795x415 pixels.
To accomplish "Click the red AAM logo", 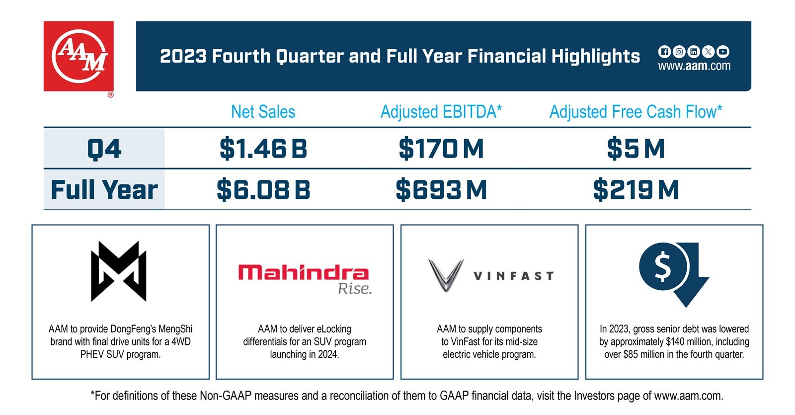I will coord(79,56).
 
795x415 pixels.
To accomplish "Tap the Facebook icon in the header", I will coord(664,51).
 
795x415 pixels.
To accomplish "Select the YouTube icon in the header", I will coord(723,51).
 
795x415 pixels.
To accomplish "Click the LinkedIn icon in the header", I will coord(694,51).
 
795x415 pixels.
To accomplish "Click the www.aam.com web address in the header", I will coord(694,66).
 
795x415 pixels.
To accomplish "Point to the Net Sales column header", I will coord(263,112).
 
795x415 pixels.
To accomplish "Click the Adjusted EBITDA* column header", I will coord(441,112).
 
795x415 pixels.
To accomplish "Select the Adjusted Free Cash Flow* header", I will coord(636,112).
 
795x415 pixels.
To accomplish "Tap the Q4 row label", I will coord(104,149).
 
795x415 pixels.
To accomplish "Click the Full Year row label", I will coord(104,190).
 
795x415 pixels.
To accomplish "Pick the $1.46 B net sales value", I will coord(263,149).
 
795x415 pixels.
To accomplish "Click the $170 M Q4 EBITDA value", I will coord(441,149).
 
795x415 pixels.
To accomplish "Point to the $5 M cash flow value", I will coord(636,149).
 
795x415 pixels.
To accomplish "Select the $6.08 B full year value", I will coord(263,190).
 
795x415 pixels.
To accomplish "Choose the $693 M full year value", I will coord(441,190).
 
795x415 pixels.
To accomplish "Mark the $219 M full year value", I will coord(636,190).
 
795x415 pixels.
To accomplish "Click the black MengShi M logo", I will coord(119,271).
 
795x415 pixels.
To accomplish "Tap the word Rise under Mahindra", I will coord(354,289).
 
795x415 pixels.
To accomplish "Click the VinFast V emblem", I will coord(446,275).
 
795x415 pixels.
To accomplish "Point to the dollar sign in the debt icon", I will coord(663,267).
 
